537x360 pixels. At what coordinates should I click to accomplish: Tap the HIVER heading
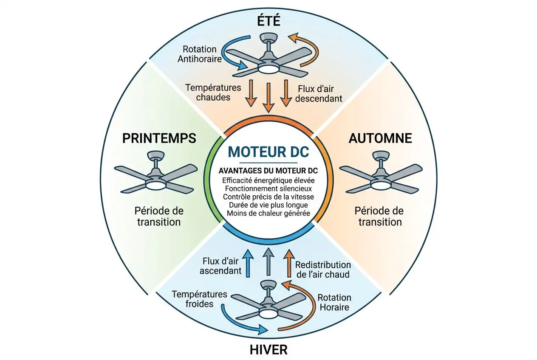(x=269, y=349)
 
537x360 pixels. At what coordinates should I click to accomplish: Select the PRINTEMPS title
(x=159, y=138)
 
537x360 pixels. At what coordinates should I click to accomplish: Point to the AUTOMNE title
(x=380, y=138)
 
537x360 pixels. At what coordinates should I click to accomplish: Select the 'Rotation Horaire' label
(x=334, y=302)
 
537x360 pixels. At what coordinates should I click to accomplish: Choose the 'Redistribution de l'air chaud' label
(x=323, y=270)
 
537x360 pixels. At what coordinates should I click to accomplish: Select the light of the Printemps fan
(x=155, y=185)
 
